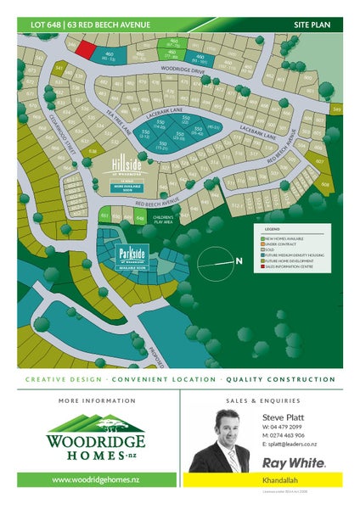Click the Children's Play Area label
click(x=163, y=219)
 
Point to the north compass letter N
click(x=240, y=260)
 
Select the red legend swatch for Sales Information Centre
click(x=263, y=266)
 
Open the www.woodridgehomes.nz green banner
click(x=95, y=479)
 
